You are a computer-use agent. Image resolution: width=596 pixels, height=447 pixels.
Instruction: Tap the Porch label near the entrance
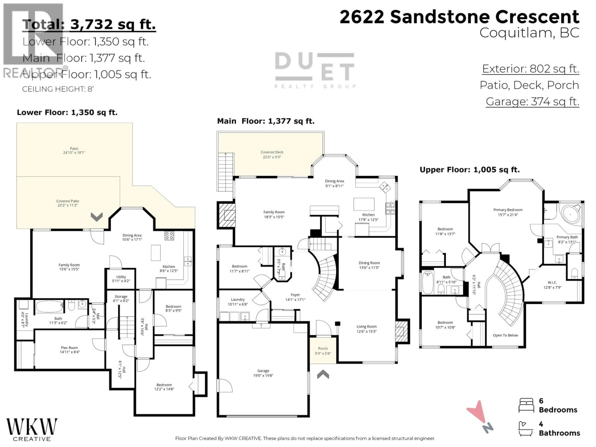tap(323, 351)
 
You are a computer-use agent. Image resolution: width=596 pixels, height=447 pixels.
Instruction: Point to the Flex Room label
tap(70, 350)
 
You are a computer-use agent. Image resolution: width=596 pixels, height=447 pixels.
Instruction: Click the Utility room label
tap(121, 279)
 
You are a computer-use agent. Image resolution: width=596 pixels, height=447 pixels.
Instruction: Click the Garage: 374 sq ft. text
tap(532, 102)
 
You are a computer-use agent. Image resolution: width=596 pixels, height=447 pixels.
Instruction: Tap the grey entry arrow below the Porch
tap(323, 374)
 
